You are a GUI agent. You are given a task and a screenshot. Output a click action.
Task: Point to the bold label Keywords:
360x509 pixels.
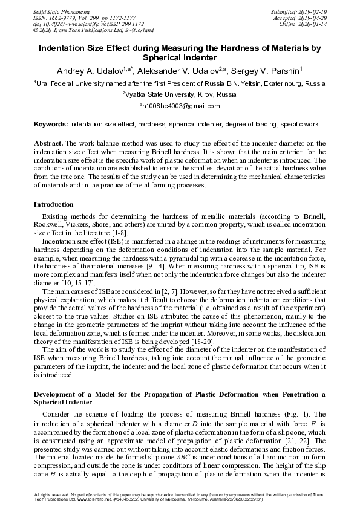pos(51,123)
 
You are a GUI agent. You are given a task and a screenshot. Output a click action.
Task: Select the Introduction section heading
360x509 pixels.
pos(55,204)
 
